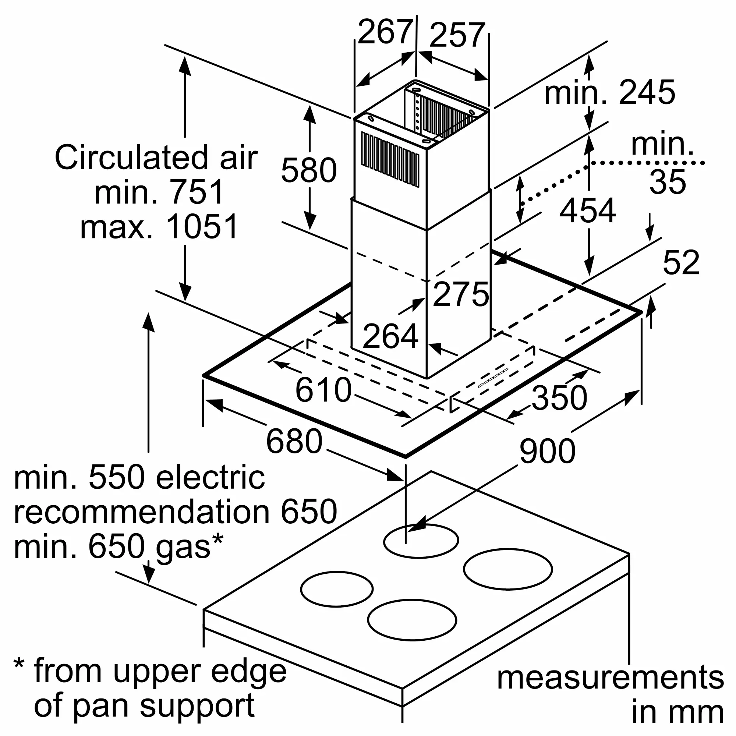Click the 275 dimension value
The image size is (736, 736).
point(461,294)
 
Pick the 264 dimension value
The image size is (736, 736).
point(390,336)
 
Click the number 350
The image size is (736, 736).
point(559,398)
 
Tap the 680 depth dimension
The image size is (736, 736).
point(294,442)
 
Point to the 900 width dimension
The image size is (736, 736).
point(548,451)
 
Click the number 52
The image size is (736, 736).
point(681,262)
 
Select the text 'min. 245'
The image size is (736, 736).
point(609,93)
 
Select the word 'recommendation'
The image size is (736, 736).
point(141,512)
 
